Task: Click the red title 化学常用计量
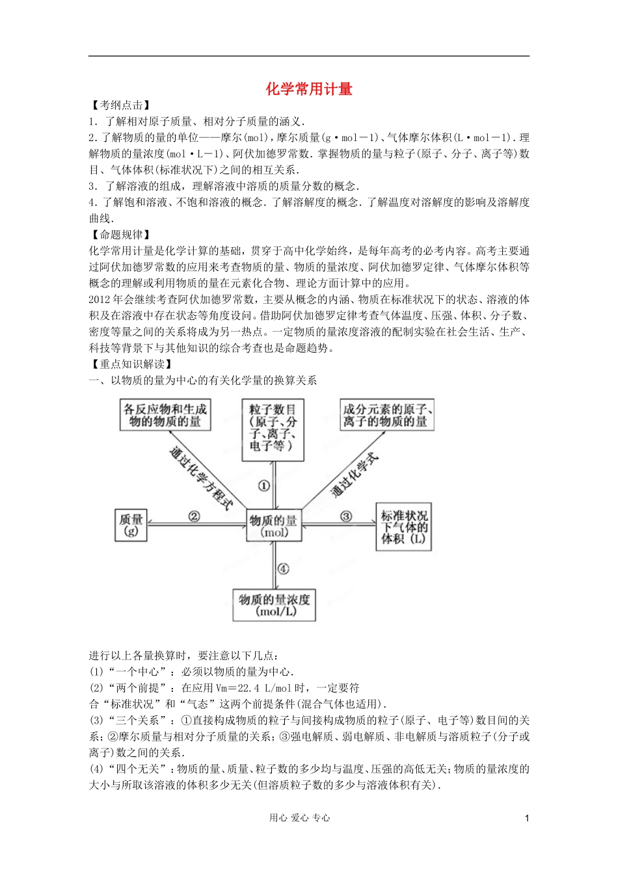309,89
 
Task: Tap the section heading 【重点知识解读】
131,364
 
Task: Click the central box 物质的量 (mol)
274,525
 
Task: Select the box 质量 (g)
131,525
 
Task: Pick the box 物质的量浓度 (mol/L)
275,605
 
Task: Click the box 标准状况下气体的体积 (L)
404,527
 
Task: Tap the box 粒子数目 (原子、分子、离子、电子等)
273,429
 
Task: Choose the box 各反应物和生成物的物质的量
165,415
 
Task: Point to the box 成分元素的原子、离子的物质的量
387,415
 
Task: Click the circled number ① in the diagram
264,486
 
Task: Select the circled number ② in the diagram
194,516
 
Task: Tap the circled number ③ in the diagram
346,516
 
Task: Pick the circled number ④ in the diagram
283,568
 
